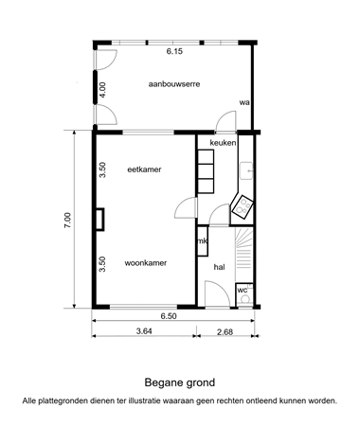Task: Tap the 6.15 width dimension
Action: [174, 53]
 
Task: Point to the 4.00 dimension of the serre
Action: [102, 92]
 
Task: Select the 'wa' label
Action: [243, 102]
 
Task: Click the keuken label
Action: [223, 143]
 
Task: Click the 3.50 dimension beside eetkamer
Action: [102, 170]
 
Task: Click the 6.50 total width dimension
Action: [169, 316]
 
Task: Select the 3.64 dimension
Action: [144, 331]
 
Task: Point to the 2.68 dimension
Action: [225, 331]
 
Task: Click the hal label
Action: [219, 268]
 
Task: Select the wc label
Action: [243, 289]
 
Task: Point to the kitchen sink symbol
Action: [247, 170]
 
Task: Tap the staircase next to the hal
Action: [244, 250]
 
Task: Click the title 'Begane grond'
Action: [179, 383]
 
